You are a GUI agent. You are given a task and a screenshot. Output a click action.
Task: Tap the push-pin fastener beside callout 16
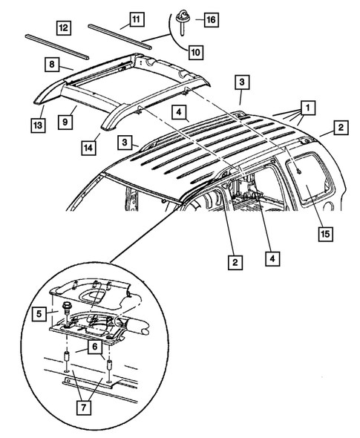[x=182, y=16]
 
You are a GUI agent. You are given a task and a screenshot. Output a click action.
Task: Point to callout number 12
[x=63, y=28]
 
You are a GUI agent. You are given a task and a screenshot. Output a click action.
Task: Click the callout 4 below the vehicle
[x=272, y=261]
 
